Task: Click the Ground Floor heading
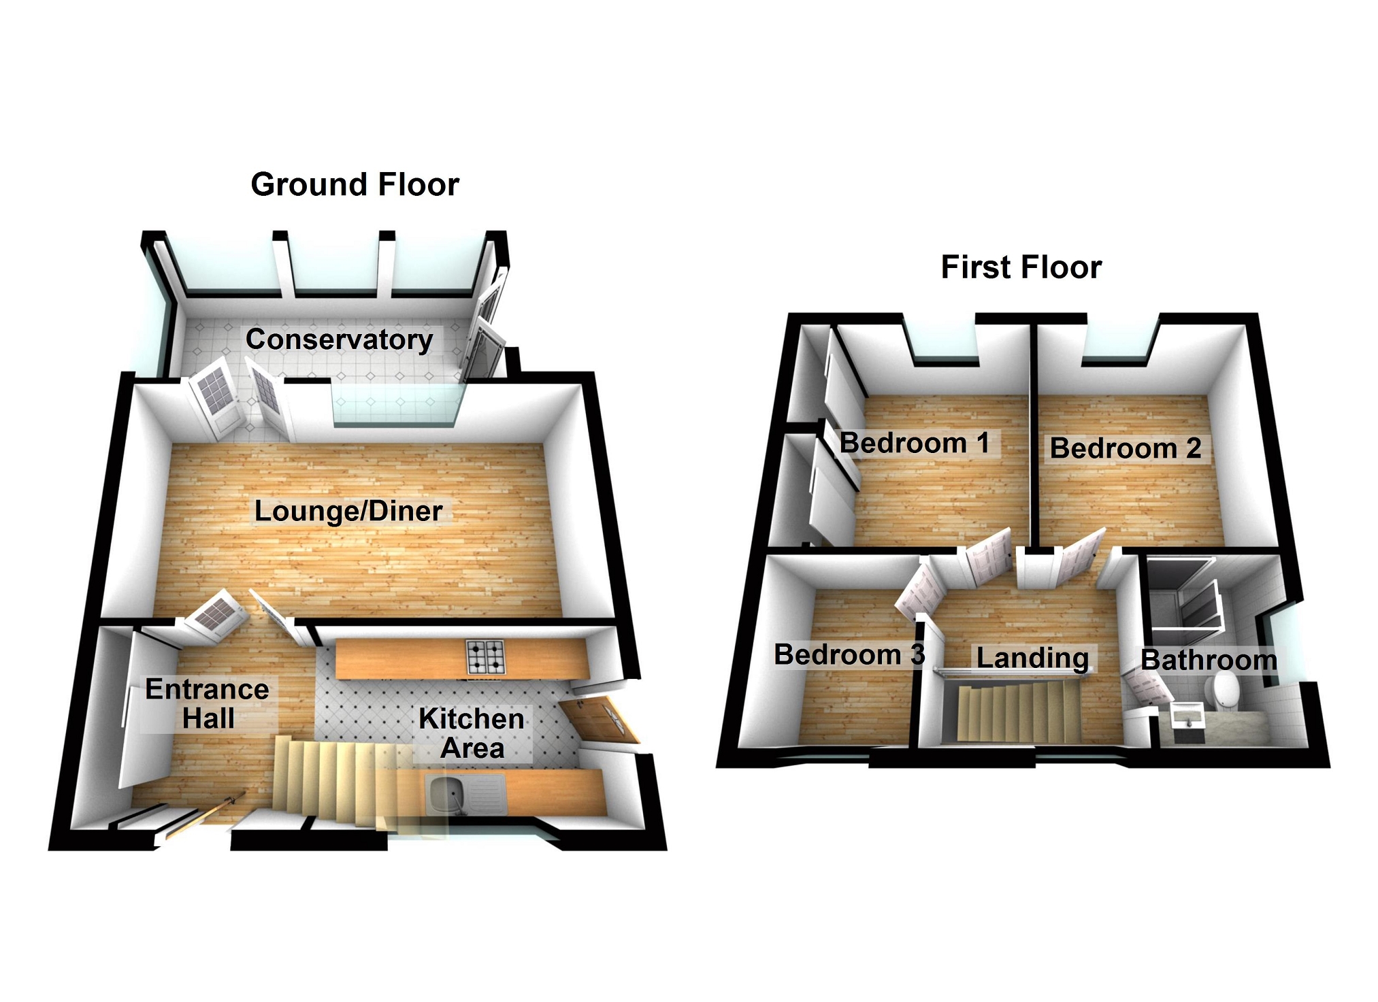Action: click(x=355, y=185)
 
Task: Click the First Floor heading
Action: click(x=1021, y=267)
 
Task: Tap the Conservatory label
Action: click(x=339, y=339)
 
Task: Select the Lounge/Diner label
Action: click(x=348, y=511)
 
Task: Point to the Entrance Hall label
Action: click(x=208, y=704)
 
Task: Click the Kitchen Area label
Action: click(x=472, y=733)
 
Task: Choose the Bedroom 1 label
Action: click(x=915, y=444)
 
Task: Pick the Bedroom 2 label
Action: click(x=1126, y=448)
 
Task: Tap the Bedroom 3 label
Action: click(x=849, y=655)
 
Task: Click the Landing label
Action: click(x=1032, y=658)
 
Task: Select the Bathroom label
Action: click(x=1209, y=660)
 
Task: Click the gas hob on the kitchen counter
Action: click(x=486, y=657)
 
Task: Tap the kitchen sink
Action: click(x=450, y=794)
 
